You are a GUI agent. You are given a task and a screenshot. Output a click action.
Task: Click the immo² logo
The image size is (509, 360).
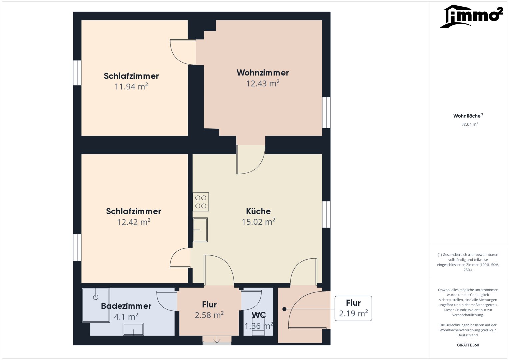tap(472, 16)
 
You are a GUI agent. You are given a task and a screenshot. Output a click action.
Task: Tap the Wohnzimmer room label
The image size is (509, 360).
tap(263, 73)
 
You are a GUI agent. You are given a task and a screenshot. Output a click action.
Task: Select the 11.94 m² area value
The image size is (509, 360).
tap(131, 87)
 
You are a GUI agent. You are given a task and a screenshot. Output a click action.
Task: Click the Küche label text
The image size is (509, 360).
tap(258, 211)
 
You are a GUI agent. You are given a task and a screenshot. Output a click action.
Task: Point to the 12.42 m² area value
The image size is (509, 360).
tap(134, 222)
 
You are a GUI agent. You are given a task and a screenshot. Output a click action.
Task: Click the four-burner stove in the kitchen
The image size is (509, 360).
tap(201, 202)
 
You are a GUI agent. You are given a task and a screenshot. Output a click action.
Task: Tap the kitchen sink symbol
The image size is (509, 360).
tap(200, 230)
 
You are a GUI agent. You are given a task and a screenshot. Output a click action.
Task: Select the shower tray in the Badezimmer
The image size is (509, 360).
tap(96, 305)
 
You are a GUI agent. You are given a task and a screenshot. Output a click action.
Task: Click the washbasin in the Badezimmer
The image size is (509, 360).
tap(133, 329)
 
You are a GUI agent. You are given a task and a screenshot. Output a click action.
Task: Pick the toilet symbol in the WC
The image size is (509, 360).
tap(258, 325)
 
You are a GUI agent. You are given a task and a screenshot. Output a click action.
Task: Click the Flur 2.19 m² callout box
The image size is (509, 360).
tap(353, 308)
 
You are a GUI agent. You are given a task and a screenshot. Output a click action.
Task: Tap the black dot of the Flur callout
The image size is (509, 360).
tap(284, 309)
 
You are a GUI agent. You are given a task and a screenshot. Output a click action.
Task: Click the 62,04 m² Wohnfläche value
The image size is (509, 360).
tap(470, 124)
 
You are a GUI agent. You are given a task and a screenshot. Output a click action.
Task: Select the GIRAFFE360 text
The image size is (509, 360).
tap(468, 345)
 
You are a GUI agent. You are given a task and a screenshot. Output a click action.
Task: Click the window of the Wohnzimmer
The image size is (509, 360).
tap(326, 113)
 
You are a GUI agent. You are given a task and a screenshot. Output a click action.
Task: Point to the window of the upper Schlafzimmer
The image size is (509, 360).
tap(77, 73)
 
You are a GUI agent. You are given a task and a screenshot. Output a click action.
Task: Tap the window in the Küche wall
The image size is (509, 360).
tap(326, 214)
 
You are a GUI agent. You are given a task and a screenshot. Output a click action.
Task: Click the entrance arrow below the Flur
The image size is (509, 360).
tap(217, 339)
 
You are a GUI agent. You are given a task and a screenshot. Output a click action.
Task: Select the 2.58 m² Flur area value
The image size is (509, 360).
tap(209, 315)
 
